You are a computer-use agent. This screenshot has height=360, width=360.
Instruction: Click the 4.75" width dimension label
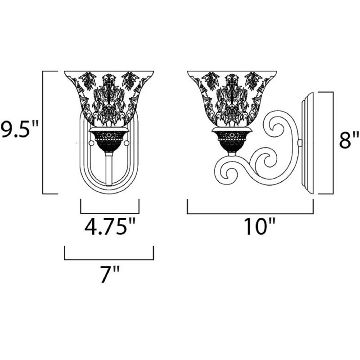(109, 227)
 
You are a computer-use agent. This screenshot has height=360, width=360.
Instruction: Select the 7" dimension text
(109, 274)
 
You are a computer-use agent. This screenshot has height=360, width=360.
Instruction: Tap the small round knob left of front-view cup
(91, 143)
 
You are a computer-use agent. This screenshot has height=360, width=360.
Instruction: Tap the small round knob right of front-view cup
(126, 143)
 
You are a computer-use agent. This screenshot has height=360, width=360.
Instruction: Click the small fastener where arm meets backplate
(300, 143)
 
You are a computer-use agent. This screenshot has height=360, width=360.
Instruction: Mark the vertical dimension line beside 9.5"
(43, 132)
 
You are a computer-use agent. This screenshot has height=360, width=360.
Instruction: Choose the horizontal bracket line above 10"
(250, 213)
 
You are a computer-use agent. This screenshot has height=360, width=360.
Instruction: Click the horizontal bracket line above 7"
(109, 259)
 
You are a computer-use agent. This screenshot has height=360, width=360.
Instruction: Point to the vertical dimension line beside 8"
(333, 143)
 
